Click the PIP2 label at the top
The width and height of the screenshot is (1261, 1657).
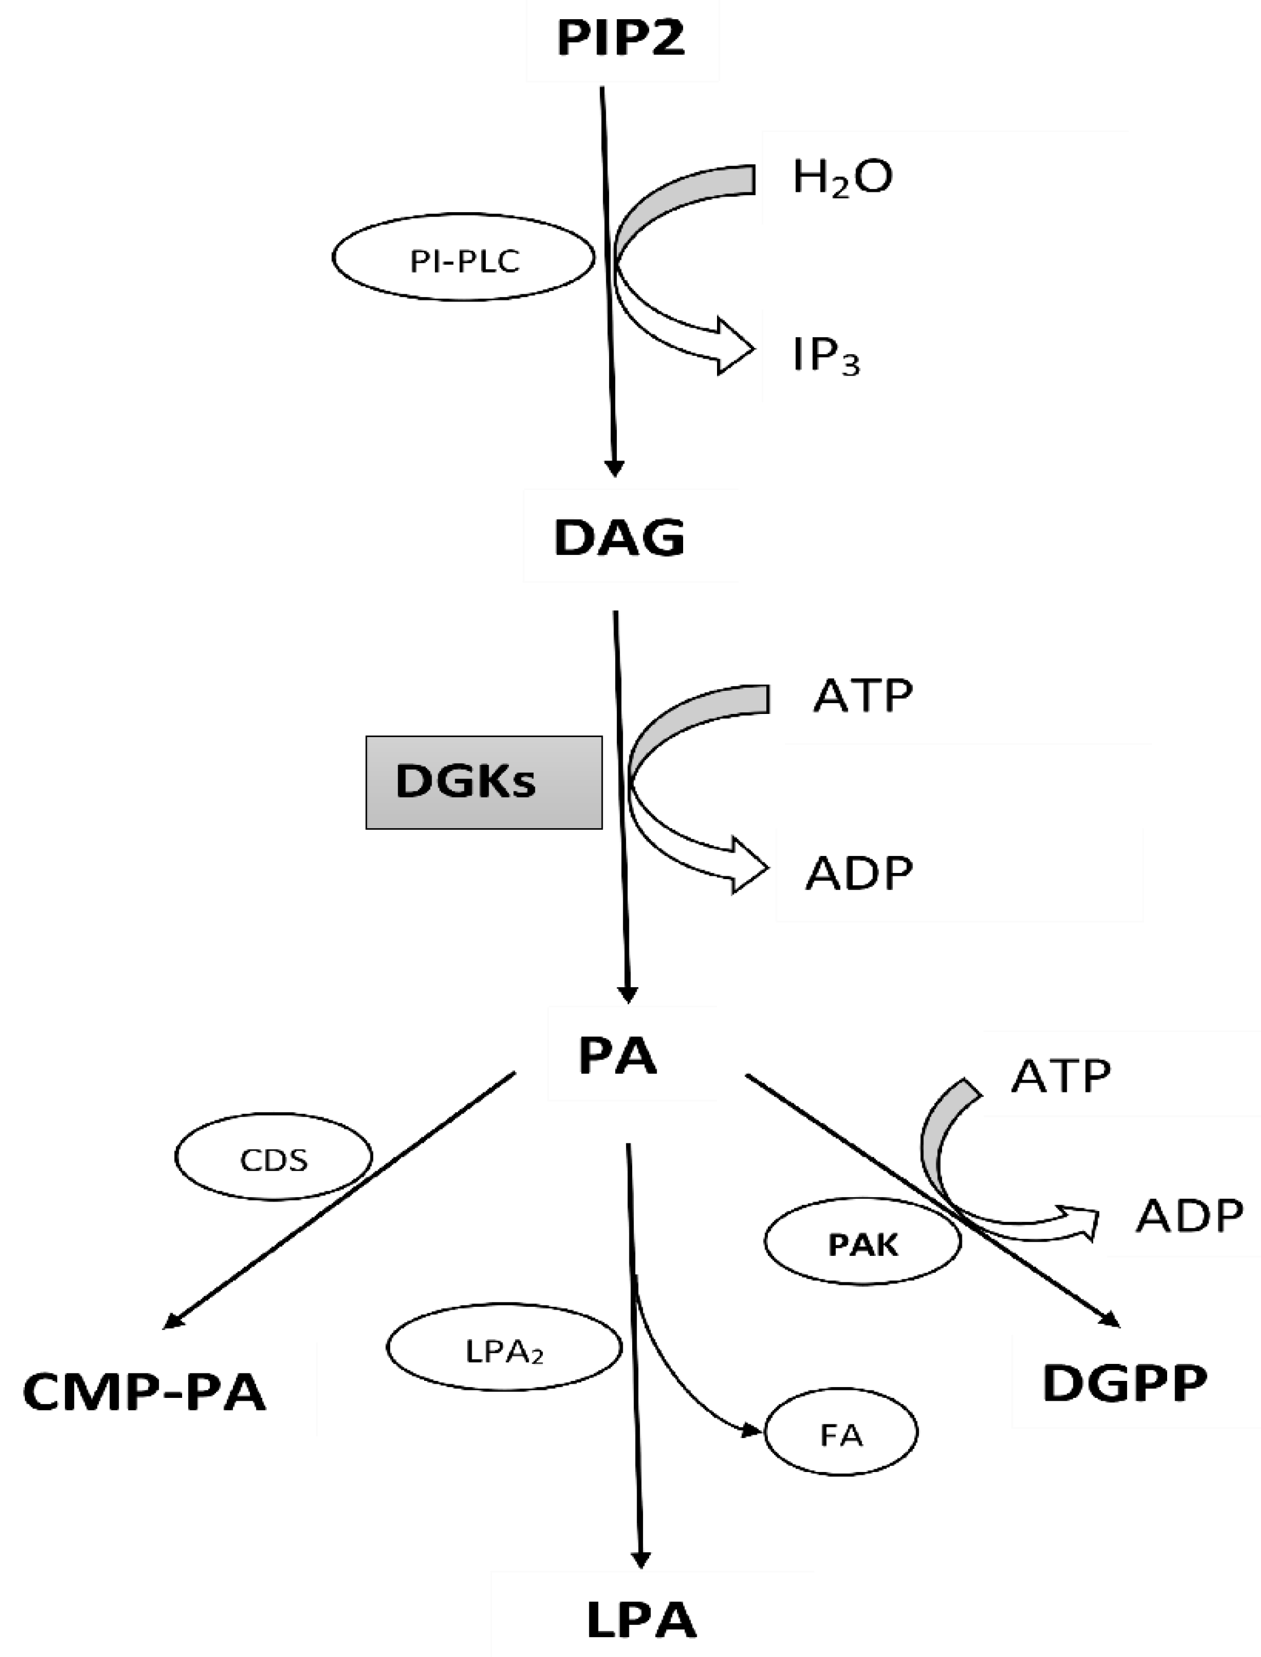tap(621, 39)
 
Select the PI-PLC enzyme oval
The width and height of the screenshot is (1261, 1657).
tap(464, 257)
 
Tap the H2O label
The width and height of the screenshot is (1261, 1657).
tap(842, 177)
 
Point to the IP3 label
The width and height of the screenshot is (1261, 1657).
tap(826, 356)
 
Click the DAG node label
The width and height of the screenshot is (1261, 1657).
tap(619, 537)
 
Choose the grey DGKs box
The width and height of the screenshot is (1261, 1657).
tap(483, 782)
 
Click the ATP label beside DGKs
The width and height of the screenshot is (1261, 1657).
tap(862, 695)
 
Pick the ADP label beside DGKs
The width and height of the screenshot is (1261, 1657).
tap(859, 873)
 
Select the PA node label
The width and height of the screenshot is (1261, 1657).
tap(617, 1056)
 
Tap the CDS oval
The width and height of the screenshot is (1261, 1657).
tap(273, 1159)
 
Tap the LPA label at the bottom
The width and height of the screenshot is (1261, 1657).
tap(641, 1618)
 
